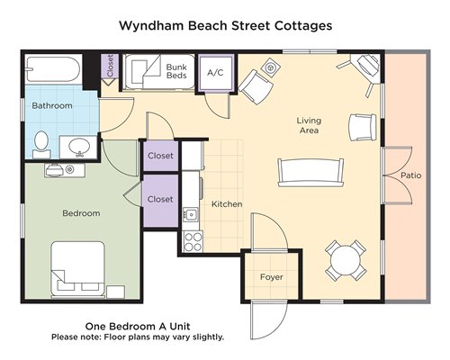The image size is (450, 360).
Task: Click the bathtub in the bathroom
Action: [x=54, y=69]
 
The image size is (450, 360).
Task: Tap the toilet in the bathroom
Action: [x=41, y=144]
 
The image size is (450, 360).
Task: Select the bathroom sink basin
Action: [x=79, y=147]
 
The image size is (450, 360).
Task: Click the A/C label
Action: [x=215, y=73]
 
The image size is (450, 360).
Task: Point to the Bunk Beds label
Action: [x=176, y=71]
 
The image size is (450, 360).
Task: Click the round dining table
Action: [x=346, y=260]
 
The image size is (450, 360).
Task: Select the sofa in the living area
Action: [x=310, y=173]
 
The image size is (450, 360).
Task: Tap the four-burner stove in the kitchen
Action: [x=193, y=242]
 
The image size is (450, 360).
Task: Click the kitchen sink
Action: [x=191, y=214]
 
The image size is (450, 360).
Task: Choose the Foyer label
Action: [x=272, y=277]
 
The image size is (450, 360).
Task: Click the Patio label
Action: [x=411, y=175]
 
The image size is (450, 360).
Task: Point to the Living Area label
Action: [x=309, y=125]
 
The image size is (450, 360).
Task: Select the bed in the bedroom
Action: [x=78, y=269]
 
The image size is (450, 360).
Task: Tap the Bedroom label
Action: [x=81, y=213]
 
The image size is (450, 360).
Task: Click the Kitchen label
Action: [x=227, y=204]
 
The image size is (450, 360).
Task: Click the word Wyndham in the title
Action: [x=151, y=26]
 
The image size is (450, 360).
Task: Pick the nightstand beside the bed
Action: [x=115, y=292]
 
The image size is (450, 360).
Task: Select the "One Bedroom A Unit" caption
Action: [x=138, y=326]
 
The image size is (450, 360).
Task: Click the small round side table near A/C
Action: [x=271, y=68]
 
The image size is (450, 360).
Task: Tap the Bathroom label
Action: [x=52, y=105]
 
